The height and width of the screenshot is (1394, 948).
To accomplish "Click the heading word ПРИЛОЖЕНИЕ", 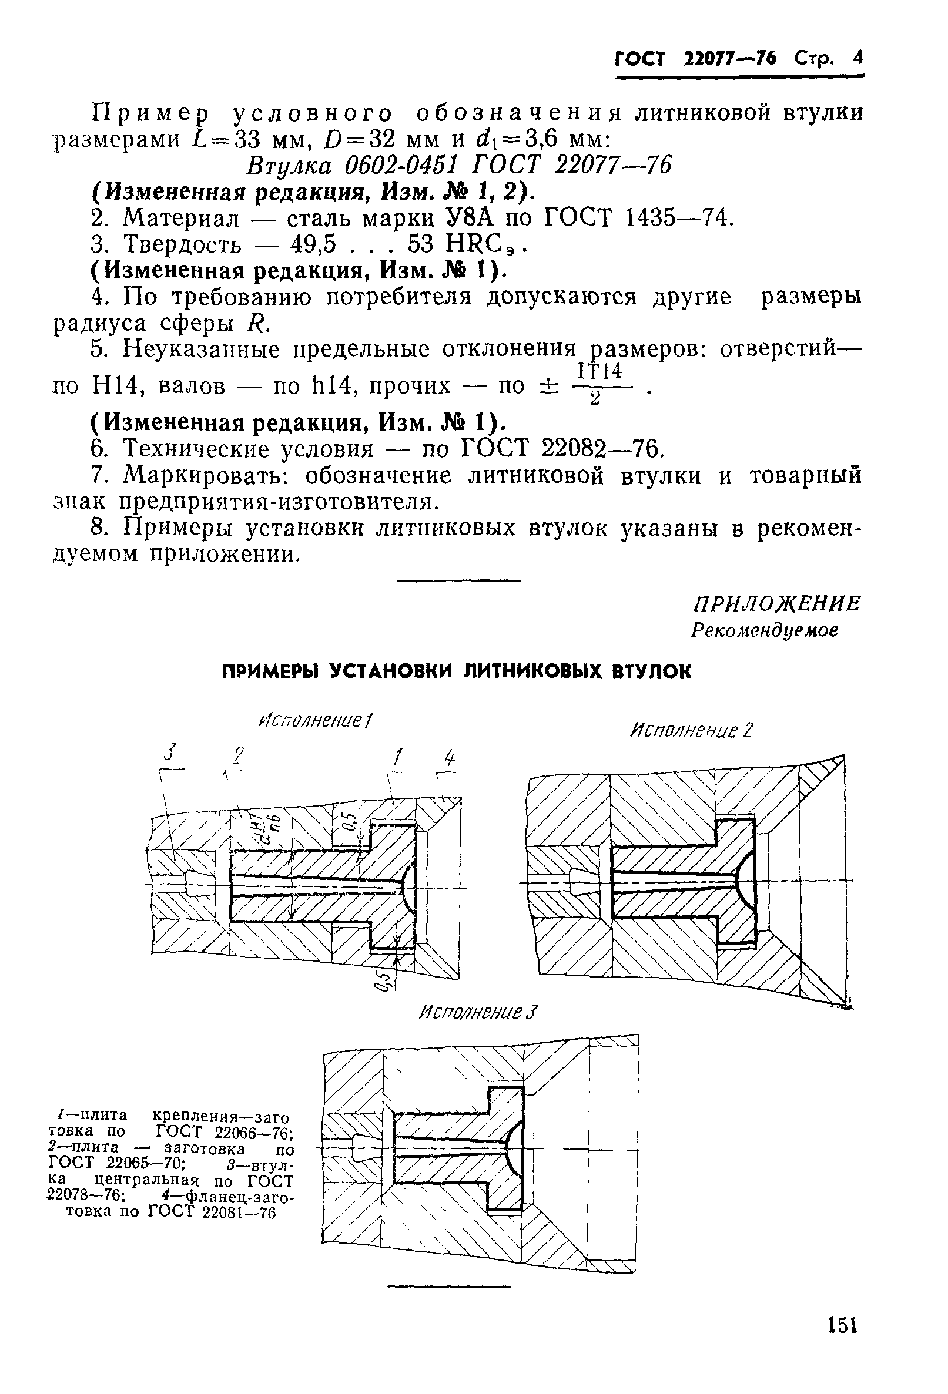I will pyautogui.click(x=776, y=604).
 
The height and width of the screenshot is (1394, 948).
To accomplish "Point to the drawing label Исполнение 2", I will pyautogui.click(x=691, y=731).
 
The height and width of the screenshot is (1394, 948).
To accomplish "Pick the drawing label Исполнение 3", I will pyautogui.click(x=478, y=1013).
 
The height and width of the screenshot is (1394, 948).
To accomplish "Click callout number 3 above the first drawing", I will pyautogui.click(x=172, y=752).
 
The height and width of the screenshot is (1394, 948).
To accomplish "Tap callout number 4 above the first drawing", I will pyautogui.click(x=450, y=760).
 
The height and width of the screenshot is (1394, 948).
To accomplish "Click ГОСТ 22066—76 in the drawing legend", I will pyautogui.click(x=223, y=1132).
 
